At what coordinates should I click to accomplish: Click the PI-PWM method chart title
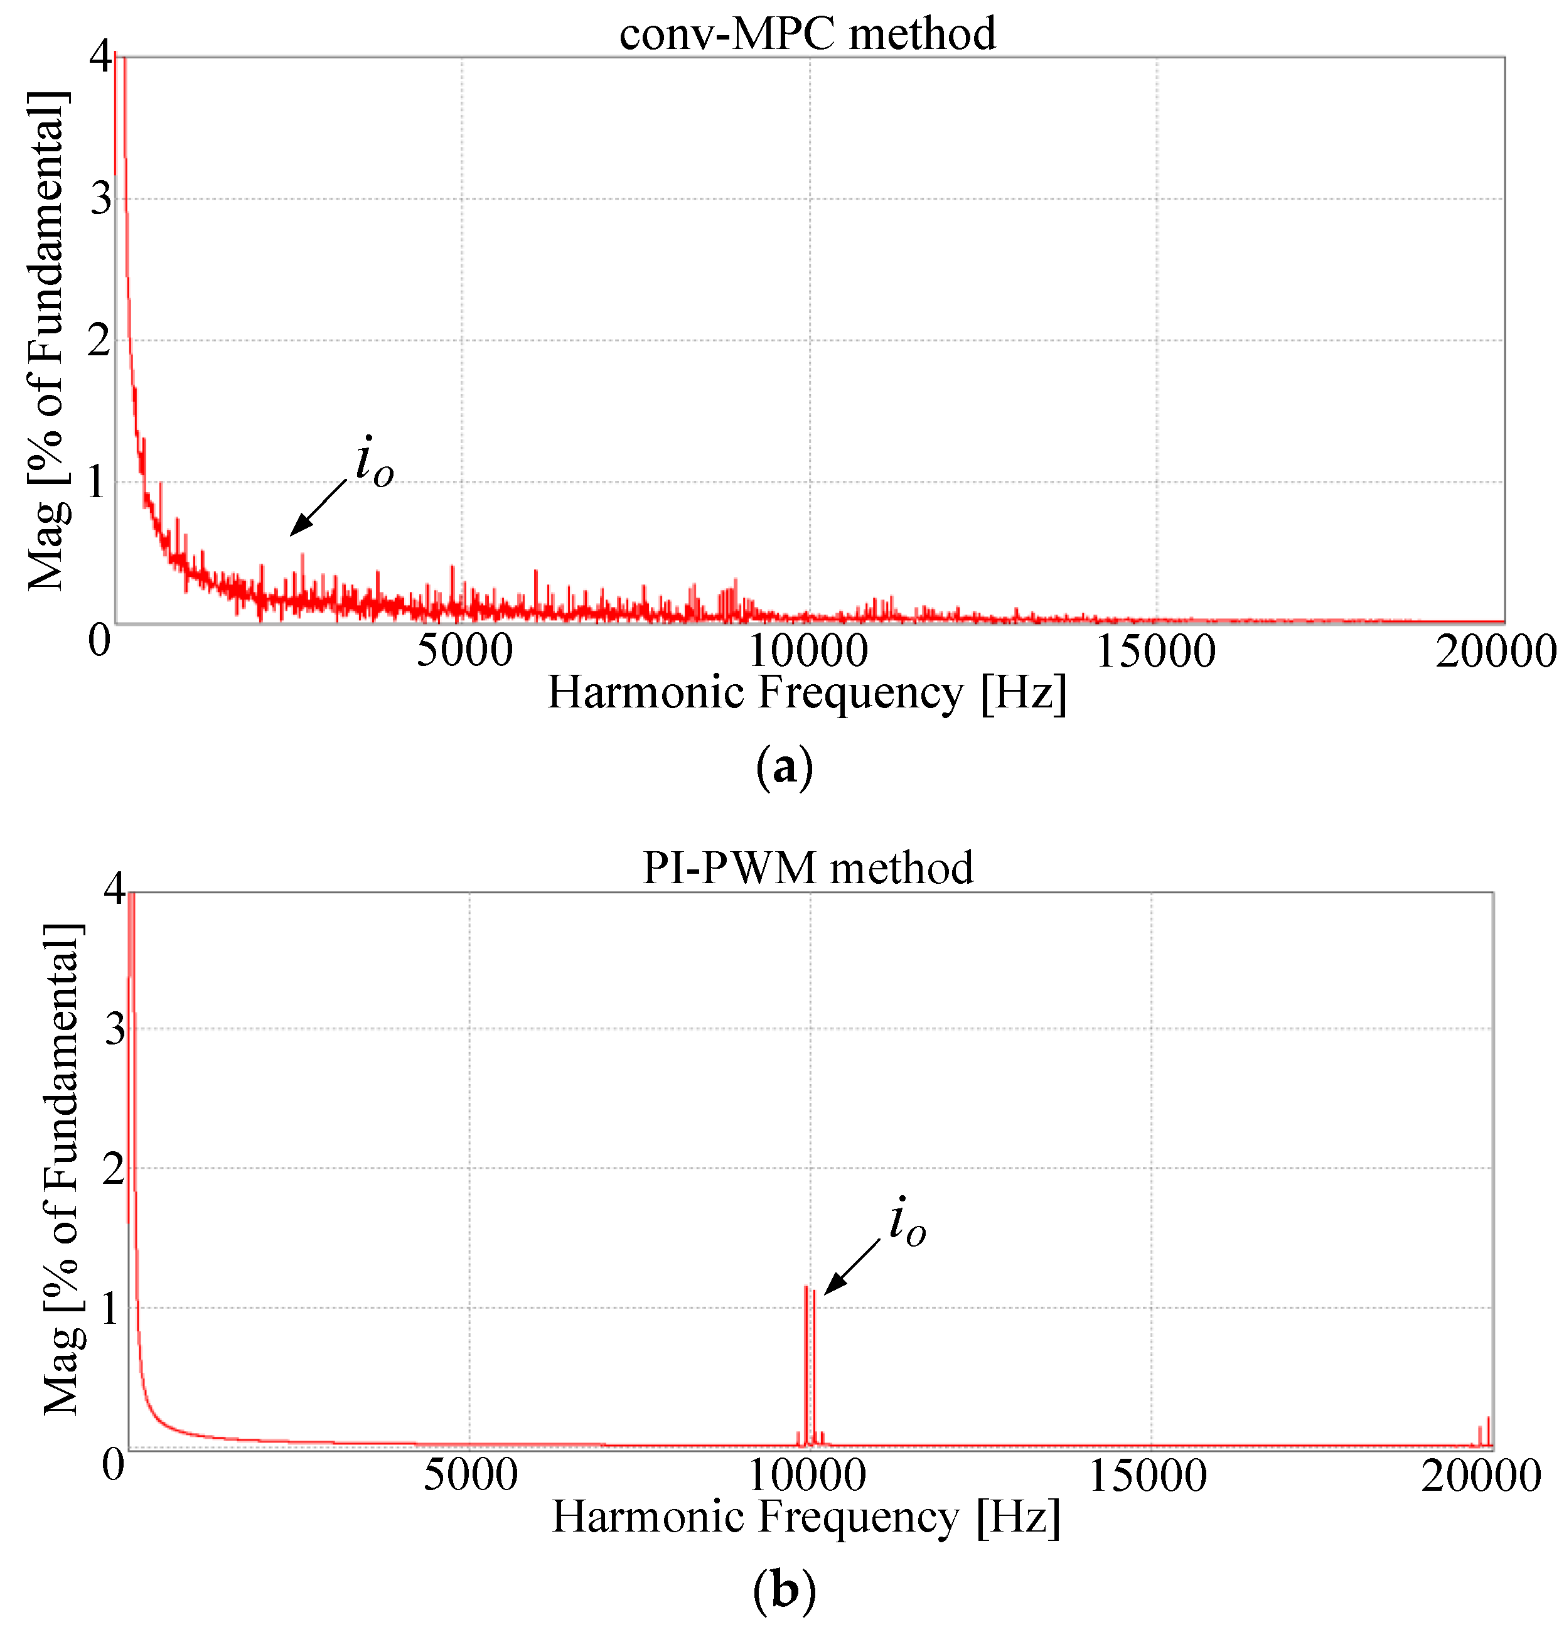click(x=807, y=868)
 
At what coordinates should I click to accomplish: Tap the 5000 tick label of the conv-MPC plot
click(x=464, y=652)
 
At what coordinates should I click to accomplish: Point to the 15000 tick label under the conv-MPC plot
click(x=1155, y=652)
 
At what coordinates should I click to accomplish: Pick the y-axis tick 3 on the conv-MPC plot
click(x=101, y=199)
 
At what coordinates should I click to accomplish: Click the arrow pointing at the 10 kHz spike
click(x=852, y=1267)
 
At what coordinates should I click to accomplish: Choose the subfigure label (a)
click(x=784, y=768)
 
